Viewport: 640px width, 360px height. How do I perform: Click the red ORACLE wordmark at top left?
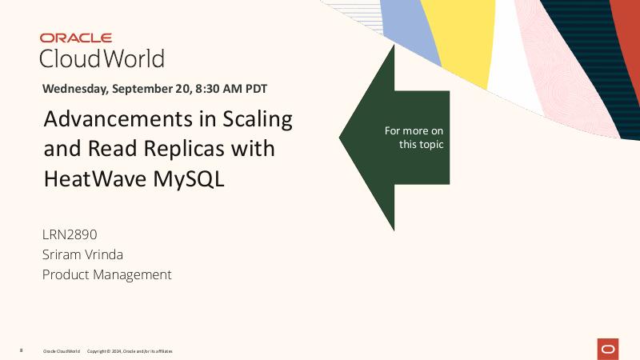[x=76, y=38]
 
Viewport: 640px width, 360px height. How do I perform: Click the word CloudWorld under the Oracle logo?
[x=102, y=58]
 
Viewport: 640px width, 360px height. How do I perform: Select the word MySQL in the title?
[x=189, y=179]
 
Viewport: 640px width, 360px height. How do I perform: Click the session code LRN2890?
[x=70, y=234]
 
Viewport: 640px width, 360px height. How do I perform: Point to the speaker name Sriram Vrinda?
[x=82, y=254]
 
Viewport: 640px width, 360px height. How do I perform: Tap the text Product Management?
[x=106, y=274]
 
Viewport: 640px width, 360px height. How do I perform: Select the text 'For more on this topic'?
[x=414, y=138]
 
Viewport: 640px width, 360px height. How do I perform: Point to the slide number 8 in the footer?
[x=21, y=350]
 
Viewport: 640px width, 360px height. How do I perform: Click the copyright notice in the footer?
[x=129, y=351]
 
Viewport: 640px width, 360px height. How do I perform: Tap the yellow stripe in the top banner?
[x=456, y=40]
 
